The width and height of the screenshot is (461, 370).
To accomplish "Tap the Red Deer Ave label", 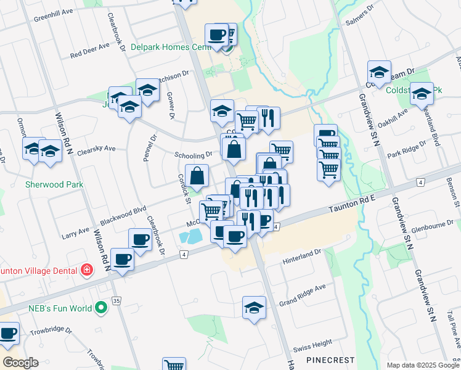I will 89,50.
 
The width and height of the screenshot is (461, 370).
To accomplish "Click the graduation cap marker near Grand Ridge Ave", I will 254,308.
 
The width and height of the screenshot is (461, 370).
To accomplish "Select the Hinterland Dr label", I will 303,254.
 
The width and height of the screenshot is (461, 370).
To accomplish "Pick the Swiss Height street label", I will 313,343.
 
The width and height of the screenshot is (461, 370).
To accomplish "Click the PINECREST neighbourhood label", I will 330,360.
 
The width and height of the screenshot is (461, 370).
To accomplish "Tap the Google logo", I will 20,363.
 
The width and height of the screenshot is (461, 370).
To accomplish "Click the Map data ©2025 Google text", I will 422,365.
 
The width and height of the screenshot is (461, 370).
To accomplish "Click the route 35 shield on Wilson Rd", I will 116,301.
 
